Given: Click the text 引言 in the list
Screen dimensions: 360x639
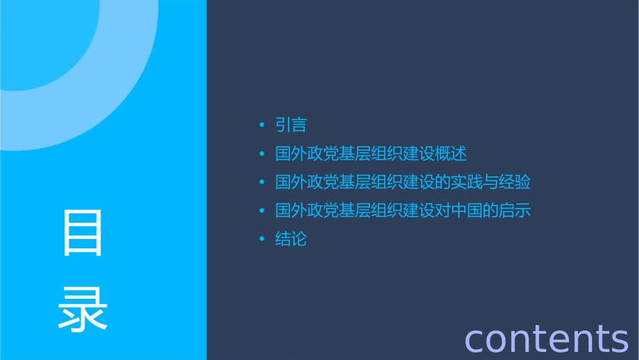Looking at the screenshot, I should coord(291,125).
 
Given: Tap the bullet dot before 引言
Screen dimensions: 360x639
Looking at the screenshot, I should coord(262,125).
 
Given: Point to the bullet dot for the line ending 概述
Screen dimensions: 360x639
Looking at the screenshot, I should coord(262,154).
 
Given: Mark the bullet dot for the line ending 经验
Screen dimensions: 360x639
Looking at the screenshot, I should coord(262,182).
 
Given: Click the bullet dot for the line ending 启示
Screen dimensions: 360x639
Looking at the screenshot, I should coord(262,211).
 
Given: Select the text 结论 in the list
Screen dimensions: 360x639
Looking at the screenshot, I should coord(291,240).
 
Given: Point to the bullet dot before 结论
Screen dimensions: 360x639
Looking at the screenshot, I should coord(262,240).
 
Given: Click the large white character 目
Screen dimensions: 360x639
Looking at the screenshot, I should coord(83,233).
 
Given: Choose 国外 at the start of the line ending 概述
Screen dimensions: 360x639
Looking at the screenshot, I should coord(291,154).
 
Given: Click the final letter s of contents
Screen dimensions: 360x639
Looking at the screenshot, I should coord(619,339).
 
